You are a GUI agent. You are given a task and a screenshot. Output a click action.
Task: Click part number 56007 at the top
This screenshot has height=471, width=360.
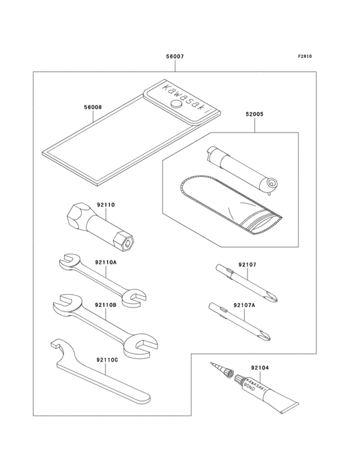(x=175, y=57)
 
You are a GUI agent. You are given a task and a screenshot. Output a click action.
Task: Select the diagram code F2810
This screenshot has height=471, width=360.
(x=305, y=57)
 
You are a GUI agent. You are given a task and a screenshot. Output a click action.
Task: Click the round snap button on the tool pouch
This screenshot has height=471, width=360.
(x=175, y=104)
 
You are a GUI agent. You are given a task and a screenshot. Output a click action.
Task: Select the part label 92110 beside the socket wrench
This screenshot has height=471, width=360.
(x=105, y=205)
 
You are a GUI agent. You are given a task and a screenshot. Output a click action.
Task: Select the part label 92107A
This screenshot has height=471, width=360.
(x=244, y=304)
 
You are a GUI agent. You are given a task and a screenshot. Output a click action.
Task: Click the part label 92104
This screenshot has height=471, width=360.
(x=260, y=367)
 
